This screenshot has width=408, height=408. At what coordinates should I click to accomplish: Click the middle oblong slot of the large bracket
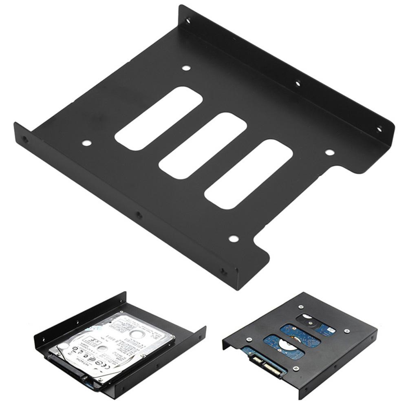(203, 145)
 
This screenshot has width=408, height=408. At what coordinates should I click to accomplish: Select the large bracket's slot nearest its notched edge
(249, 174)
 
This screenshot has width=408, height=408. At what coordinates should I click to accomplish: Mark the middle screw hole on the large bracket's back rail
(298, 84)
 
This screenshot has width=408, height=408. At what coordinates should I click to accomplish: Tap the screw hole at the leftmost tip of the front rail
(25, 139)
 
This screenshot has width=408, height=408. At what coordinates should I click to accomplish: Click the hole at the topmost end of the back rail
(189, 20)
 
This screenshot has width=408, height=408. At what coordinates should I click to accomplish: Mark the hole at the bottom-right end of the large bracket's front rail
(223, 270)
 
